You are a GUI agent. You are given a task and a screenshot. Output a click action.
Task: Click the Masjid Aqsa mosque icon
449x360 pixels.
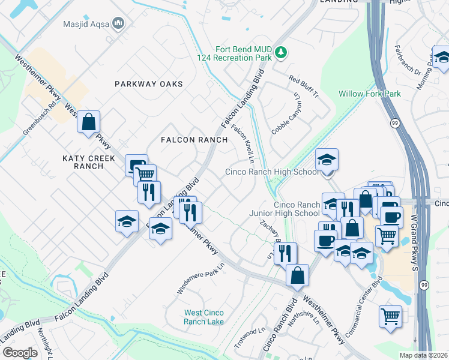(118, 24)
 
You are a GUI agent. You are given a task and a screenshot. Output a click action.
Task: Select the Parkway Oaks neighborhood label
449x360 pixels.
(148, 84)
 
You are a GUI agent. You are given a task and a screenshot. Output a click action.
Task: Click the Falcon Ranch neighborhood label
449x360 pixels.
(194, 140)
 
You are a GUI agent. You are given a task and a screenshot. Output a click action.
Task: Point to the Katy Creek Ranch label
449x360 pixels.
(83, 161)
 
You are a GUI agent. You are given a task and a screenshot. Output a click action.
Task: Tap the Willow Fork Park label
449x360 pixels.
(369, 94)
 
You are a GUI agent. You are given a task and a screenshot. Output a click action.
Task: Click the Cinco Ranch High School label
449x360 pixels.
(272, 172)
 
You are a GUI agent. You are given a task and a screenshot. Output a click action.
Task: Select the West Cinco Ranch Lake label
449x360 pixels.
(204, 317)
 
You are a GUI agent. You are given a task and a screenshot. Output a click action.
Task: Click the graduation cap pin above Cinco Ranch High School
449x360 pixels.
(327, 160)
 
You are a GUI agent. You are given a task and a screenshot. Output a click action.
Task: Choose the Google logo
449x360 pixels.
(19, 353)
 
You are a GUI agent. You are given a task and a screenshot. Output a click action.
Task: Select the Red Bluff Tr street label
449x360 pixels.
(303, 88)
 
